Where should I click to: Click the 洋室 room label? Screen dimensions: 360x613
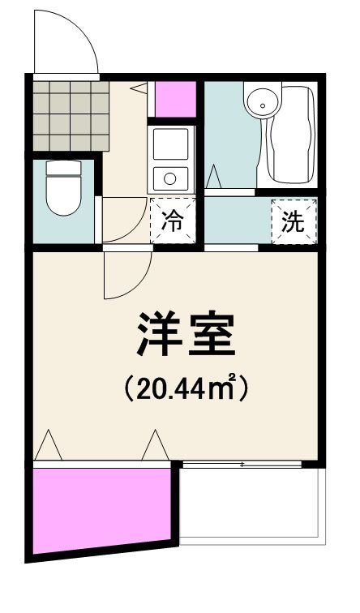[x=186, y=334]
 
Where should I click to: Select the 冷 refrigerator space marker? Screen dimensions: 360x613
[x=173, y=221]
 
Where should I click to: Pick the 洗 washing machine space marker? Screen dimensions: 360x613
[x=294, y=221]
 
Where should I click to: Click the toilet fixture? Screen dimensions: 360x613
[x=63, y=187]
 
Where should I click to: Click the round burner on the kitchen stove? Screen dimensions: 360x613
[x=170, y=179]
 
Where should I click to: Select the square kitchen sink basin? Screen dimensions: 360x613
[x=170, y=144]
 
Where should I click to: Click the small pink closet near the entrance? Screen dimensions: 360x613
[x=175, y=99]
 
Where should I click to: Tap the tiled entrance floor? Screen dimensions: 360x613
[x=71, y=115]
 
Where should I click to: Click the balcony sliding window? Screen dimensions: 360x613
[x=242, y=465]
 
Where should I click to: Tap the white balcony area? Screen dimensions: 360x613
[x=252, y=504]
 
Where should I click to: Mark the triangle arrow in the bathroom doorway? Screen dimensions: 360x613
[x=213, y=177]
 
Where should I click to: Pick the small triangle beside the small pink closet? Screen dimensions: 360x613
[x=139, y=88]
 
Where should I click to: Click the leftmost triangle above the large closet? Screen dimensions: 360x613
[x=48, y=445]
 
